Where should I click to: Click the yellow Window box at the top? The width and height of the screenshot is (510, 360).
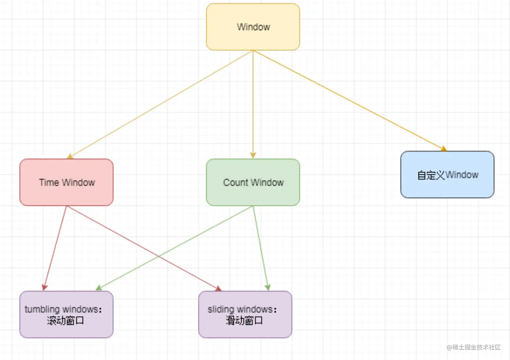[253, 27]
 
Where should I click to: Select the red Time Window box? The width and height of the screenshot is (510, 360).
[66, 182]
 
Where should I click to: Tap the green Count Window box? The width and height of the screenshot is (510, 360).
[253, 182]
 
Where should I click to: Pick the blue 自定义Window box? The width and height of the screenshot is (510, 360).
[447, 175]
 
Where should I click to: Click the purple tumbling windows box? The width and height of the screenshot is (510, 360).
[66, 314]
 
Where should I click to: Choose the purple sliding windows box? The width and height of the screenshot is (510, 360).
[245, 314]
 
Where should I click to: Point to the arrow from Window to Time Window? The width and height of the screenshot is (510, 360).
[160, 105]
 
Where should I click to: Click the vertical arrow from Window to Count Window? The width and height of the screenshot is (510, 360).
[253, 105]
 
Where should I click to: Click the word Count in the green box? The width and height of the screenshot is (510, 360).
[235, 183]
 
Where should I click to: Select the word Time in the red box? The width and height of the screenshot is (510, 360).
[49, 183]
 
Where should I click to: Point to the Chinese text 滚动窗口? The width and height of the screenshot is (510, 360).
[65, 320]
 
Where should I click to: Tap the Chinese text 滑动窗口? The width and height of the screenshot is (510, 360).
[244, 320]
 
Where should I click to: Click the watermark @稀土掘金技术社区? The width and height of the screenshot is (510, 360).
[474, 347]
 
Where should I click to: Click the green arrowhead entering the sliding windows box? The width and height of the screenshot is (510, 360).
[267, 287]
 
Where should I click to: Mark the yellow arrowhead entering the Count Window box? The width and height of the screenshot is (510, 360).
[253, 156]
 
